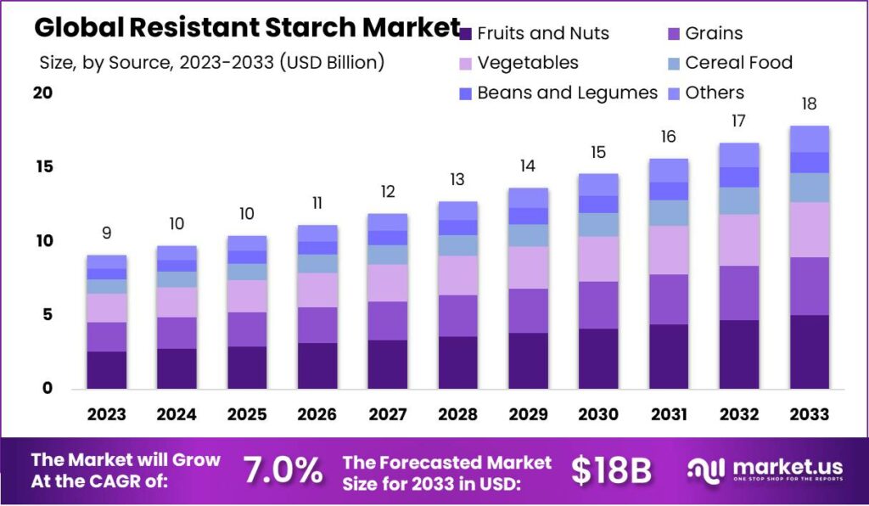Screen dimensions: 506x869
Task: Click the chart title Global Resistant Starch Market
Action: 247,27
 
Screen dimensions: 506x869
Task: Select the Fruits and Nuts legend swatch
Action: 465,34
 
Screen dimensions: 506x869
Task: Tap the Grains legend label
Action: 714,34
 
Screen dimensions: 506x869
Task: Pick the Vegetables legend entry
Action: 527,63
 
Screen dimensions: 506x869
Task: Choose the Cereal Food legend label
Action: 738,63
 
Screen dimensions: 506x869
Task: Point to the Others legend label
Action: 714,93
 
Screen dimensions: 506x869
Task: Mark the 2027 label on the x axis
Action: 387,414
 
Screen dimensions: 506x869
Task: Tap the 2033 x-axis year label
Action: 809,414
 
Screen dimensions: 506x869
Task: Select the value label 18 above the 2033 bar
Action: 809,104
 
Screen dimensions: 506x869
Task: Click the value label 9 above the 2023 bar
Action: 106,233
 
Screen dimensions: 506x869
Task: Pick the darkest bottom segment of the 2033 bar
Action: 809,351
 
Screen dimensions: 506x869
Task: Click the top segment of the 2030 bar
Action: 597,184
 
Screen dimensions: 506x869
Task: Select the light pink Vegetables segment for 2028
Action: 457,275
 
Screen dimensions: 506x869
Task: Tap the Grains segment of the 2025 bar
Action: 247,329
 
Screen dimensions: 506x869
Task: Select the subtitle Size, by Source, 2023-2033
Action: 212,62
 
